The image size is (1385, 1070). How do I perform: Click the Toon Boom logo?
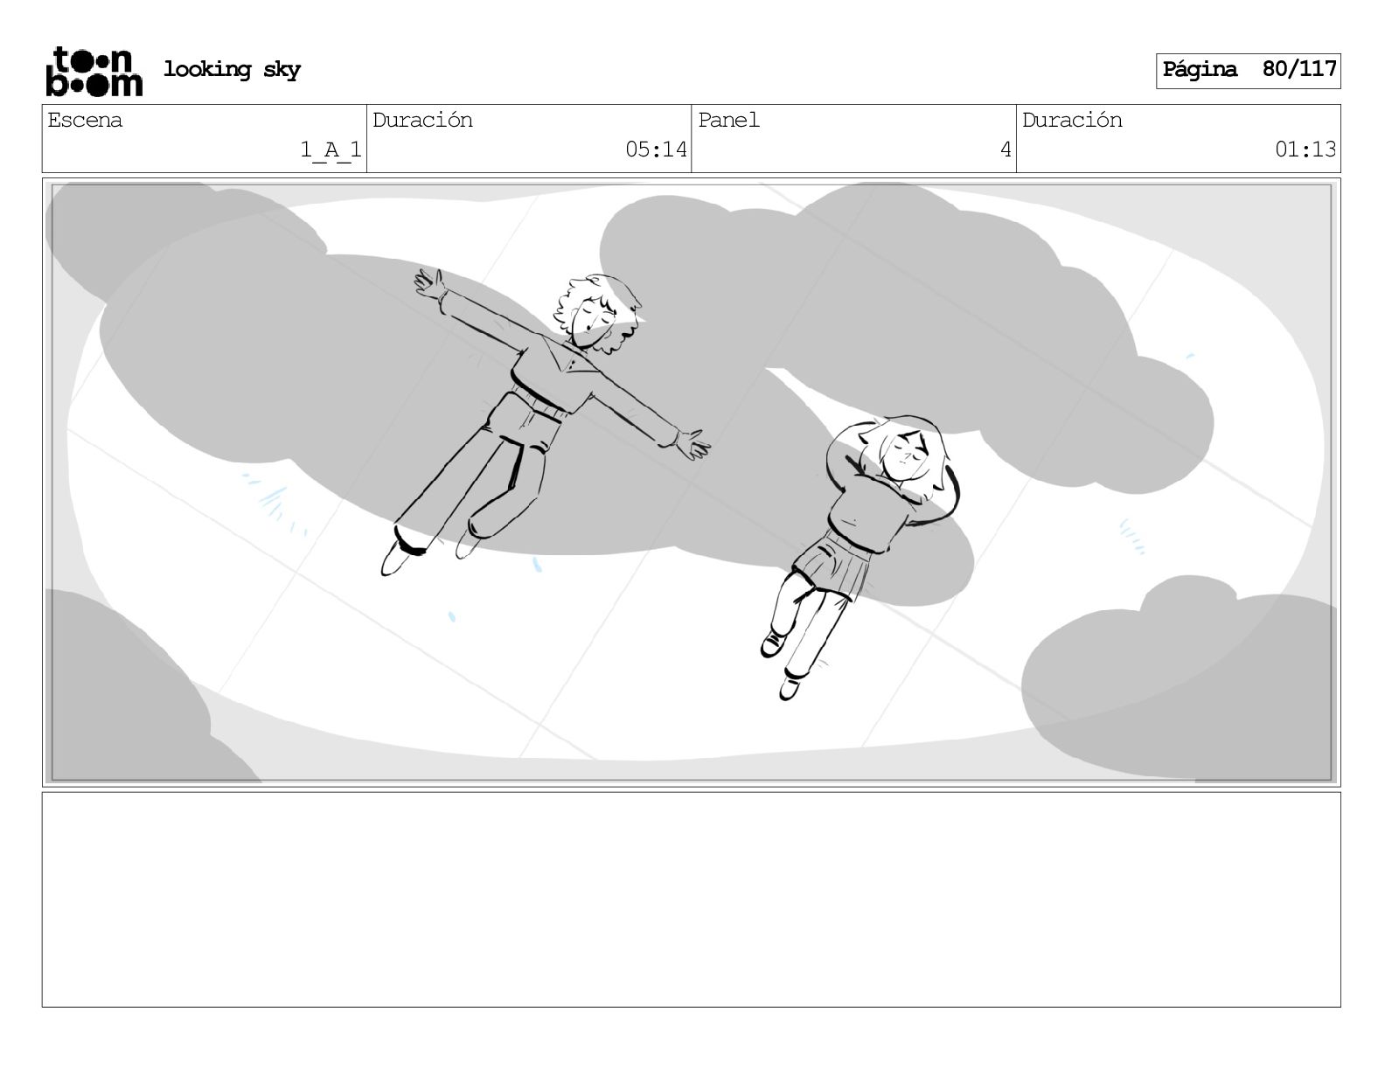[x=94, y=72]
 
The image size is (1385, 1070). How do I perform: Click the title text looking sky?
[x=232, y=69]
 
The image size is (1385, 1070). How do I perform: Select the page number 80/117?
[x=1299, y=69]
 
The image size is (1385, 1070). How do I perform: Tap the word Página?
[x=1200, y=69]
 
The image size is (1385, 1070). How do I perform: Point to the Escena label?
[x=85, y=120]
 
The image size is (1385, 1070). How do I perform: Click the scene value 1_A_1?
[x=331, y=149]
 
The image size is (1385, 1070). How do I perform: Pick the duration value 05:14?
[x=656, y=149]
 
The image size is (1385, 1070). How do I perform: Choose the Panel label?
[x=728, y=120]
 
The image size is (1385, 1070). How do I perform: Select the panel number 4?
[x=1006, y=149]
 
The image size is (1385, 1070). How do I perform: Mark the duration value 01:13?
[x=1305, y=149]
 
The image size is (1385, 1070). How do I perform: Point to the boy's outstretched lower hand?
[x=692, y=443]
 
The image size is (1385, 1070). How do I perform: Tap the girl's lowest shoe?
[x=790, y=688]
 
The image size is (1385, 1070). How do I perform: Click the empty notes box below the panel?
[x=691, y=900]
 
